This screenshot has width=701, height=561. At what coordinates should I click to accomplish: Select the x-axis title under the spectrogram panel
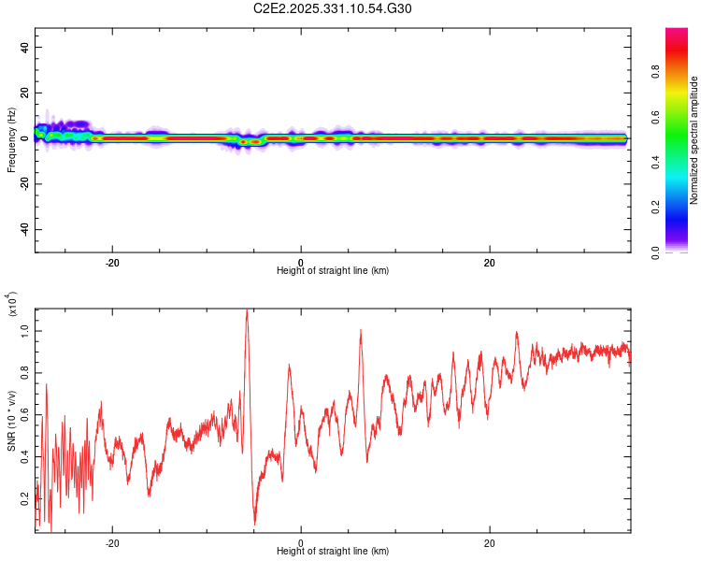(x=333, y=270)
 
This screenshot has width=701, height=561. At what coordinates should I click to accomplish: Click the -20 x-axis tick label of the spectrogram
(x=112, y=262)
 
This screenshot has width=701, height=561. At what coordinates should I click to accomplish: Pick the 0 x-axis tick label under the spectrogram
(x=301, y=262)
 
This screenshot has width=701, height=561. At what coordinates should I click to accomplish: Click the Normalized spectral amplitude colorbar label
(x=694, y=140)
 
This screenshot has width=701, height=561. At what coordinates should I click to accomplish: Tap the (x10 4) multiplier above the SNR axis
(x=13, y=304)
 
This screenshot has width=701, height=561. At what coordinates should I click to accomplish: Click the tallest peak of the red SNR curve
(x=247, y=310)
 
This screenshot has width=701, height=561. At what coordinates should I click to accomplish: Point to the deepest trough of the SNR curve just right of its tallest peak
(x=255, y=523)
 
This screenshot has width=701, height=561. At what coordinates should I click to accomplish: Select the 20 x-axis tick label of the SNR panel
(x=490, y=542)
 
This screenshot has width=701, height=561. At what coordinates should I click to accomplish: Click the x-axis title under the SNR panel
(x=333, y=551)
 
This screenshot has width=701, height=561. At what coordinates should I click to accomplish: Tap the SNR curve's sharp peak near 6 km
(x=360, y=330)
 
